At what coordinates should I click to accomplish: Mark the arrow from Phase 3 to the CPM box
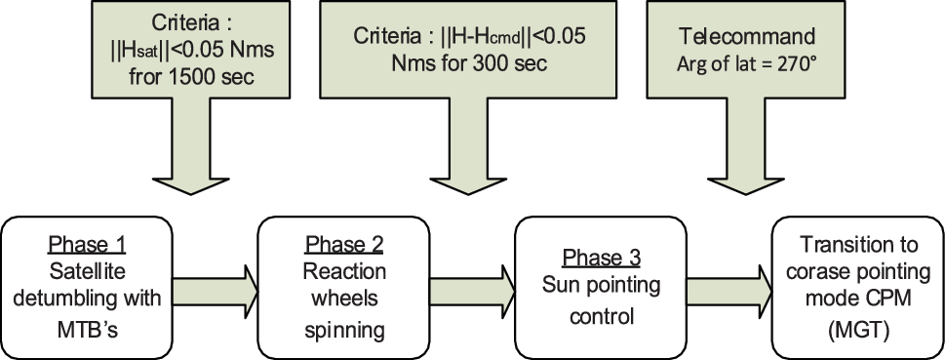click(726, 285)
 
